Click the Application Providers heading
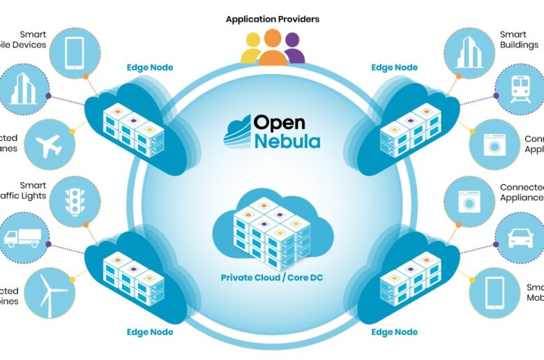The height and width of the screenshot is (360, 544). (x=272, y=20)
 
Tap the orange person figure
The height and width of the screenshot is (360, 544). (x=273, y=49)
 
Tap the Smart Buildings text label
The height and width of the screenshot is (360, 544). (x=519, y=39)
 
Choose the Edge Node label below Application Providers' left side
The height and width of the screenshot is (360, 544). (x=149, y=68)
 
